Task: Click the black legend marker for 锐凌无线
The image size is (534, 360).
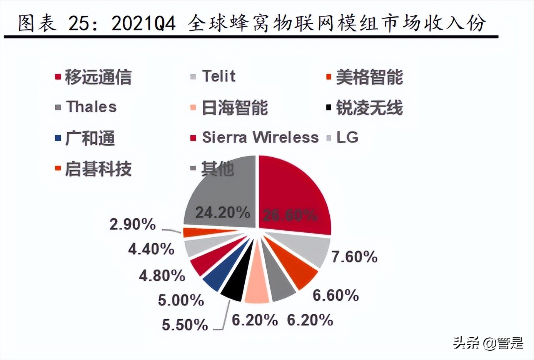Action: pyautogui.click(x=329, y=107)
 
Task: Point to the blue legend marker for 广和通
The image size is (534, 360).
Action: pyautogui.click(x=58, y=138)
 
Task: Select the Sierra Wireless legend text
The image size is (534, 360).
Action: pyautogui.click(x=260, y=137)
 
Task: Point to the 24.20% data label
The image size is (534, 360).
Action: pyautogui.click(x=223, y=212)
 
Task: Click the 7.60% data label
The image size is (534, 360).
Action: pyautogui.click(x=354, y=257)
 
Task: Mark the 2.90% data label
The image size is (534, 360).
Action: pyautogui.click(x=132, y=224)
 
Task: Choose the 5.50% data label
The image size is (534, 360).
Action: pyautogui.click(x=185, y=325)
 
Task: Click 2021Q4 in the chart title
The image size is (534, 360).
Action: pyautogui.click(x=144, y=24)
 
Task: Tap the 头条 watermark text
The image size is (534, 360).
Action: pyautogui.click(x=466, y=343)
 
